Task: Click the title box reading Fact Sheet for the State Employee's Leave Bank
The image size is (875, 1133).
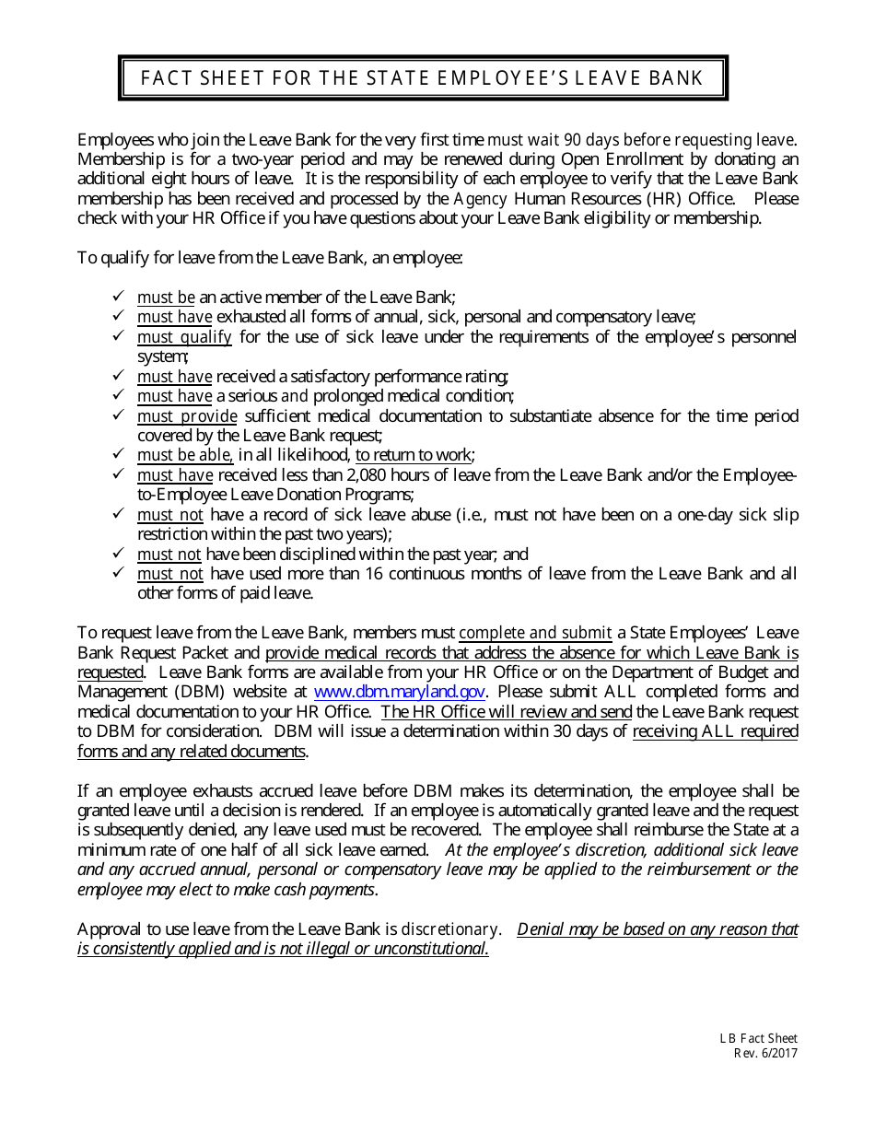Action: pyautogui.click(x=423, y=78)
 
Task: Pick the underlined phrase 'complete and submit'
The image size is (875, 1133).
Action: pyautogui.click(x=535, y=633)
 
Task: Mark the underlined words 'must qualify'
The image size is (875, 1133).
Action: pyautogui.click(x=184, y=337)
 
